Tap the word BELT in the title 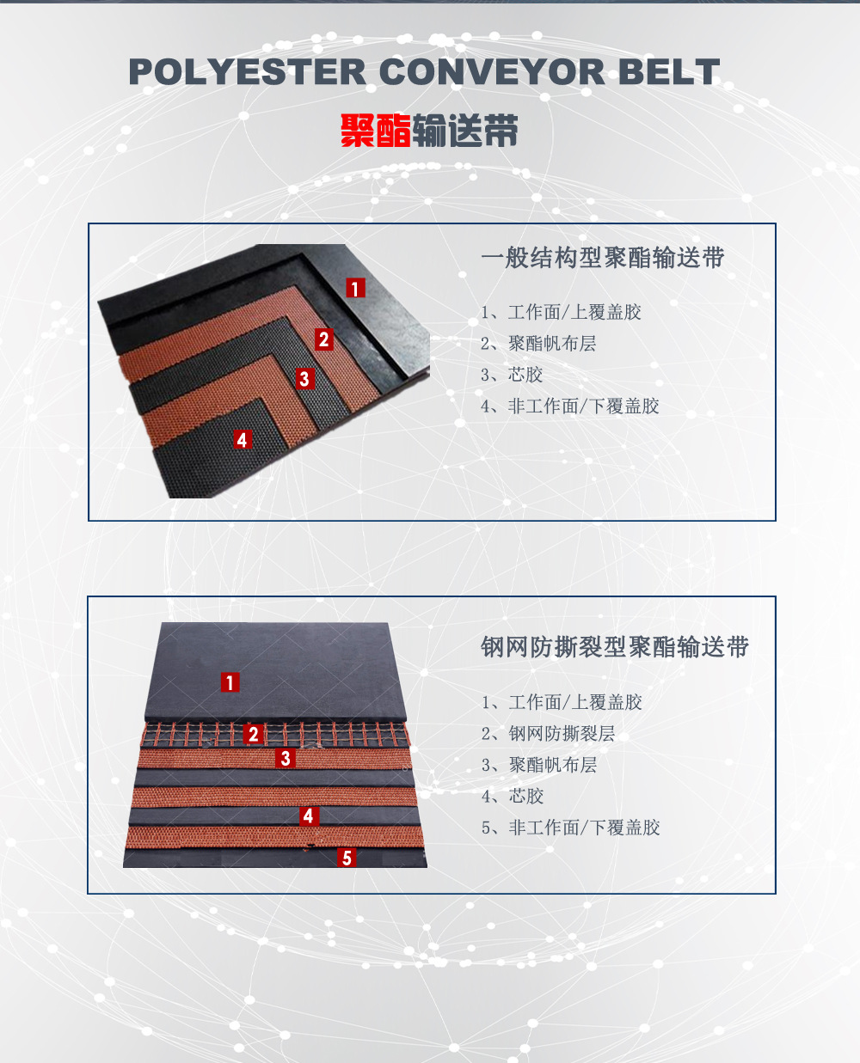click(669, 72)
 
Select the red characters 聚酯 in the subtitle click(376, 131)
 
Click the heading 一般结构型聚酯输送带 click(602, 258)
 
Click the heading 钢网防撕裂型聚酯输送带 click(615, 647)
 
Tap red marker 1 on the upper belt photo click(355, 288)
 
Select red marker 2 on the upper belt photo click(324, 339)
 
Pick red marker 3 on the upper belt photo click(304, 378)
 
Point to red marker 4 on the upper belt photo click(243, 440)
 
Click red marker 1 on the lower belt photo click(230, 682)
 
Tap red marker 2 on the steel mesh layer click(253, 734)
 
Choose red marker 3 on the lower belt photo click(286, 758)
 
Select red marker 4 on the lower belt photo click(309, 816)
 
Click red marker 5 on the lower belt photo click(347, 858)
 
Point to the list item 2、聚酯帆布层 click(538, 344)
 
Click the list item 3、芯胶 click(512, 375)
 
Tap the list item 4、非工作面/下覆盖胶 click(570, 406)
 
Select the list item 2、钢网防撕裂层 click(548, 734)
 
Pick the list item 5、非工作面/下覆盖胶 click(570, 828)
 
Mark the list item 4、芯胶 click(512, 796)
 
